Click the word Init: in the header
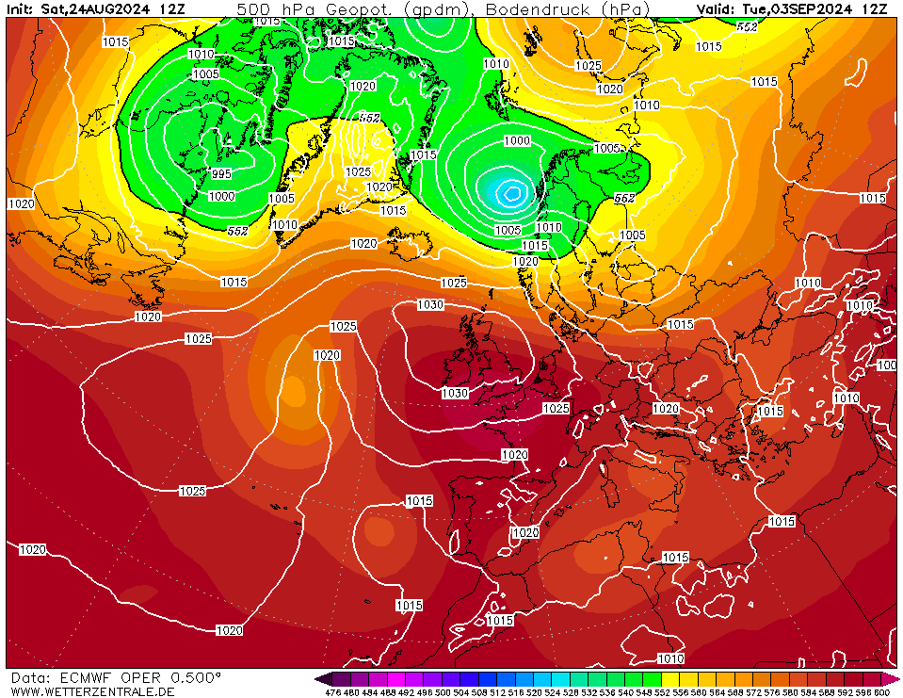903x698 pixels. point(22,9)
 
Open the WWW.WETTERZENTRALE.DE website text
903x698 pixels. point(91,691)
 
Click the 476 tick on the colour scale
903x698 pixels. point(331,692)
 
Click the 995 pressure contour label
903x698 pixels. point(221,174)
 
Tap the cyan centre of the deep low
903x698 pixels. point(511,192)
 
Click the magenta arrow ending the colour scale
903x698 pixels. point(895,678)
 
